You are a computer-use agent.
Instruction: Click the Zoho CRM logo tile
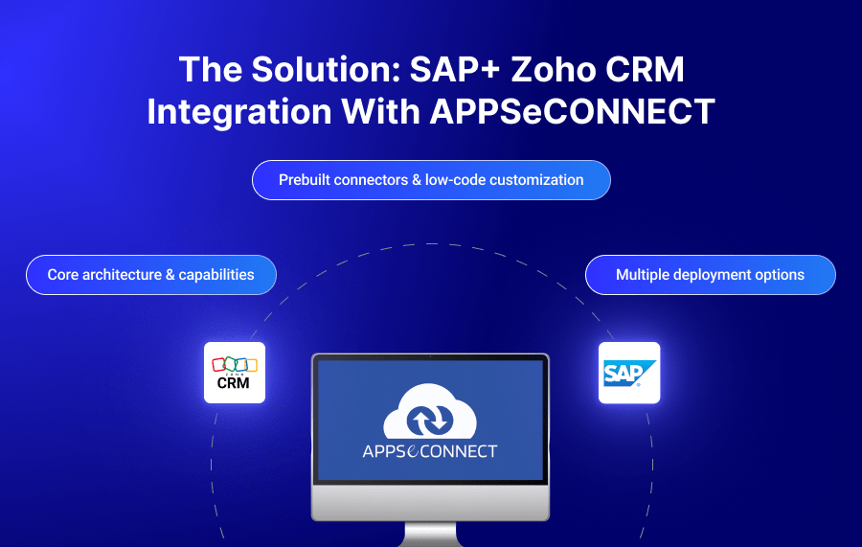(235, 372)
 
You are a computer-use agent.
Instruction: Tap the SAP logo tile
(629, 372)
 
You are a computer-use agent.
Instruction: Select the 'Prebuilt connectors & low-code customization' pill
(431, 180)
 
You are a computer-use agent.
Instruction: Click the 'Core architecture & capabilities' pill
(151, 275)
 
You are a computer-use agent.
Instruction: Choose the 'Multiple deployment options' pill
(710, 275)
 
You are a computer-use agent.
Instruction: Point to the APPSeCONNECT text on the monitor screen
(430, 450)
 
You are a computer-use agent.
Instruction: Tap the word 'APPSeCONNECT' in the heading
(573, 112)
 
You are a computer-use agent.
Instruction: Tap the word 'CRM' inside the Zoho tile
(234, 383)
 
